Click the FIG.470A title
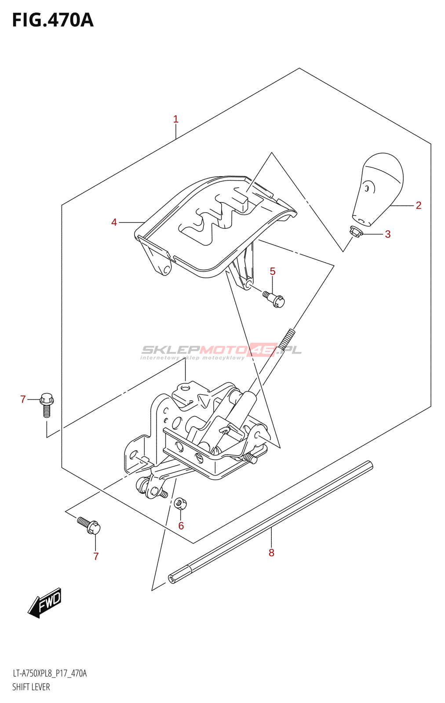pos(53,20)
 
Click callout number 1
pos(176,119)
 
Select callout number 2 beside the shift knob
pos(419,205)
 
